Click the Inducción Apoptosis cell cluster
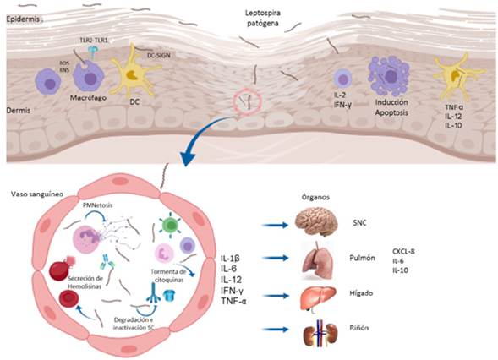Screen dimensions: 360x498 click(x=389, y=79)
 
